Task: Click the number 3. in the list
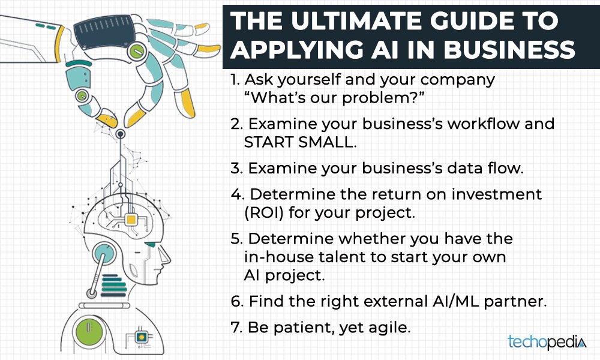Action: pyautogui.click(x=236, y=169)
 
